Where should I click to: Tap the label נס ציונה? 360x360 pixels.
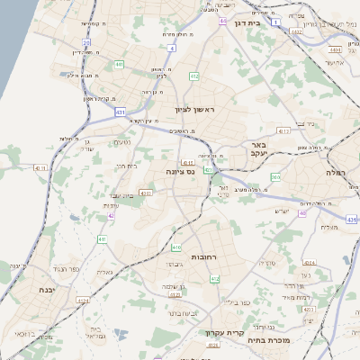(x=182, y=171)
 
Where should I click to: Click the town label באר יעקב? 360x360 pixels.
(x=261, y=148)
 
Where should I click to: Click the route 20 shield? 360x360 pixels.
(x=86, y=42)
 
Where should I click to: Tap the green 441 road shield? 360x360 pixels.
(x=120, y=65)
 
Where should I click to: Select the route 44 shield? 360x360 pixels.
(x=222, y=19)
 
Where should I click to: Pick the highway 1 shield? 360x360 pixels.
(x=275, y=20)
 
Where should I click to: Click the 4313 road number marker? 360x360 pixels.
(x=283, y=131)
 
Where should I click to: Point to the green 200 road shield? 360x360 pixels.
(x=275, y=177)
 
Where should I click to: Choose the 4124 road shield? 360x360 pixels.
(x=84, y=301)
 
